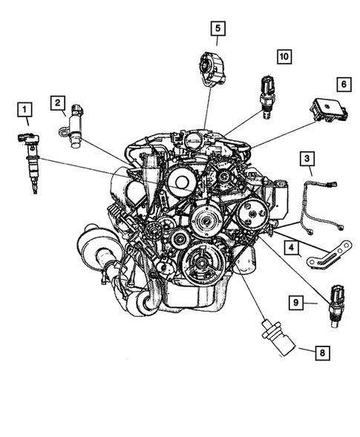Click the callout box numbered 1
pyautogui.click(x=26, y=113)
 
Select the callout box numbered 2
pyautogui.click(x=58, y=103)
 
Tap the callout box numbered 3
pyautogui.click(x=307, y=159)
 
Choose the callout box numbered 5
pyautogui.click(x=217, y=29)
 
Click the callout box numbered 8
pyautogui.click(x=321, y=354)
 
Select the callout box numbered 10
pyautogui.click(x=285, y=56)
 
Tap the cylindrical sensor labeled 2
pyautogui.click(x=77, y=128)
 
